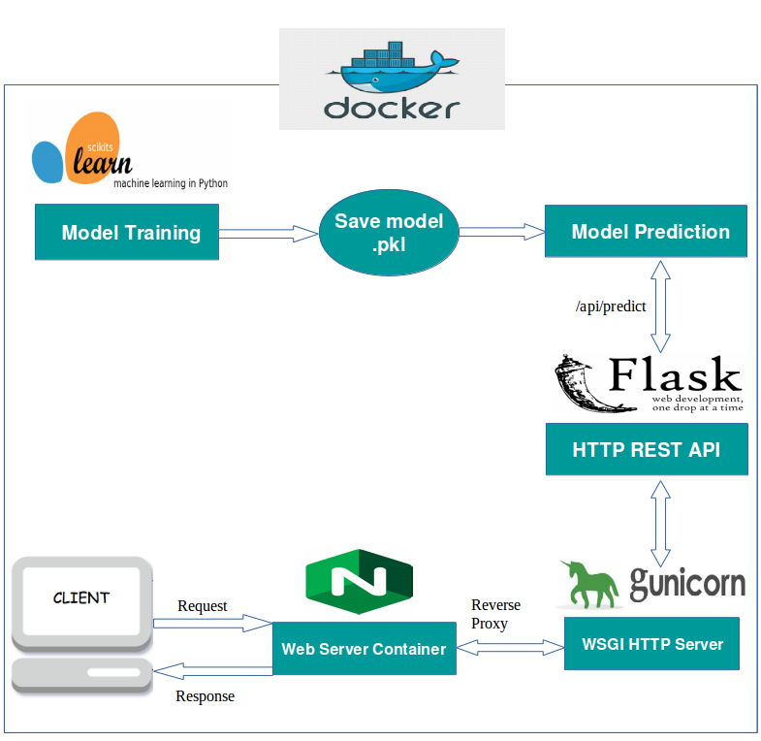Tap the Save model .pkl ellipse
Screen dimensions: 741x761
point(389,234)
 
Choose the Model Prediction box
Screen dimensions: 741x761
point(647,232)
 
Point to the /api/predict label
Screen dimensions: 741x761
point(611,306)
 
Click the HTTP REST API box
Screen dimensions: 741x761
point(647,450)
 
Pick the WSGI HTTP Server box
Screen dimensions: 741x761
point(651,643)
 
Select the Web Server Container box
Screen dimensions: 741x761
point(364,649)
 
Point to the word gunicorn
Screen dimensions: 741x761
point(687,583)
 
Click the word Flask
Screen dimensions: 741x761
point(675,375)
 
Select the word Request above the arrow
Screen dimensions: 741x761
point(202,606)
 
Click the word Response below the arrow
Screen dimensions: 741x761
point(205,696)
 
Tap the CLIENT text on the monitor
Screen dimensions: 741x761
point(81,597)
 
